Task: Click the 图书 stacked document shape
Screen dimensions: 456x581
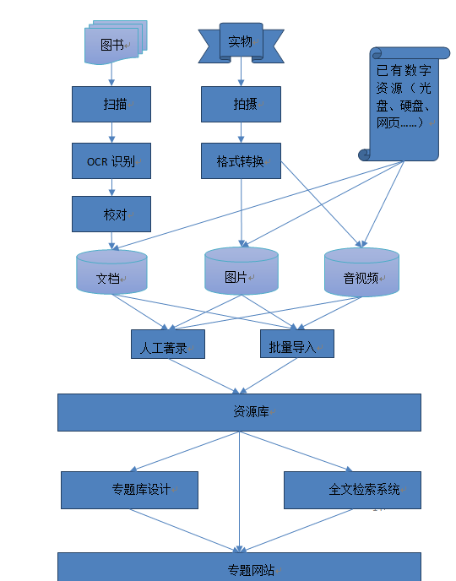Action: [116, 42]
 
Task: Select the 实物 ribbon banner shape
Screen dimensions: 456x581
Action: [242, 42]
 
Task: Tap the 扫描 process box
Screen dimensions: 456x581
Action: [111, 104]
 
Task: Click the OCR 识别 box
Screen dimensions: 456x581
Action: [111, 161]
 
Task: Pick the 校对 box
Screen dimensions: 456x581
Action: [111, 214]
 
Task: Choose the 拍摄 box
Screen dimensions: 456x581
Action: [242, 104]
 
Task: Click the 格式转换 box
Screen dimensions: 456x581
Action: [242, 161]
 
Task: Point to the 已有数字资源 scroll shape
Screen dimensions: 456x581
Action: [404, 104]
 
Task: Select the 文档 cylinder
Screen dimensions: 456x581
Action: [111, 272]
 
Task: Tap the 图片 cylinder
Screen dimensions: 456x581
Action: [242, 271]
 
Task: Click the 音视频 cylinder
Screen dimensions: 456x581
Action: [362, 272]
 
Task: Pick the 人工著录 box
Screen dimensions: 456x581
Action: [168, 345]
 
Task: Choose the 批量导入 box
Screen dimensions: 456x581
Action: [297, 344]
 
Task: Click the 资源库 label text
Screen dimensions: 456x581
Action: [251, 411]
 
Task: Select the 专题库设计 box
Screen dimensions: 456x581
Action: [130, 490]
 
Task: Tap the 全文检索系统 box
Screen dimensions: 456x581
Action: [353, 490]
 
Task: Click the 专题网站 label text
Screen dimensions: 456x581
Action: [251, 570]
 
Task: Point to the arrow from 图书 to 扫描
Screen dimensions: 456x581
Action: [111, 75]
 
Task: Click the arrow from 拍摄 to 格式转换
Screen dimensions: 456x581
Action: [242, 133]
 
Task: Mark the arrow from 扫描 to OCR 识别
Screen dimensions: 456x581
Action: [111, 133]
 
